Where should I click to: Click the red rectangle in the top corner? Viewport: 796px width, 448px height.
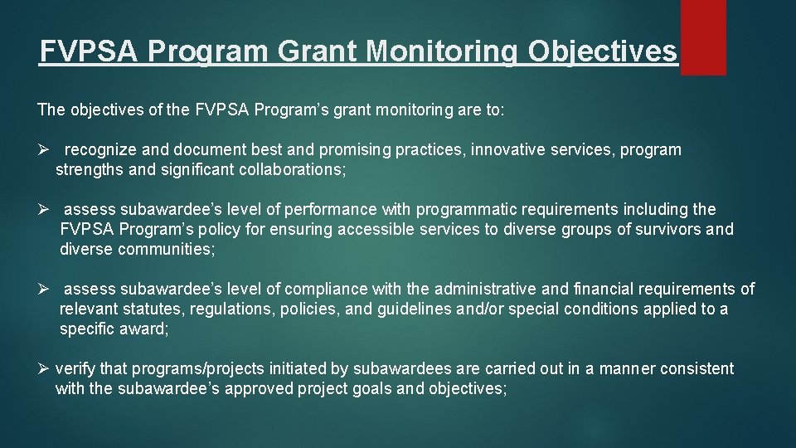[x=702, y=37]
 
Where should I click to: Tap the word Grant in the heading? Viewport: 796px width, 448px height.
[x=317, y=52]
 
